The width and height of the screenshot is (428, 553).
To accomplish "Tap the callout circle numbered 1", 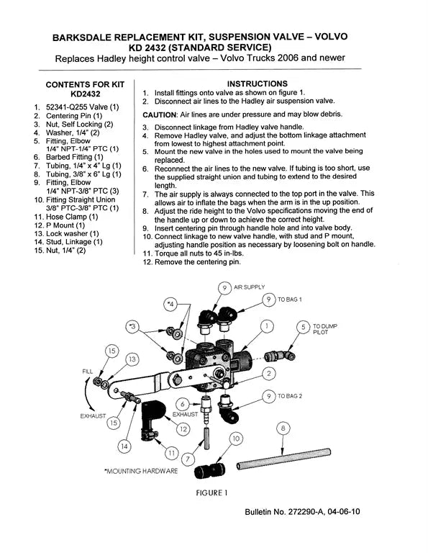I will (x=267, y=326).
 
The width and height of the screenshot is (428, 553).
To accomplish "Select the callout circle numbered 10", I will (x=235, y=437).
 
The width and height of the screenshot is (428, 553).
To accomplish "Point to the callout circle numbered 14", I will (x=125, y=446).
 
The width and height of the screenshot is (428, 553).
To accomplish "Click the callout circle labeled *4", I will (x=170, y=304).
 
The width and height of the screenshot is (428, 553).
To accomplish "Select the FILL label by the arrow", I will (x=88, y=371).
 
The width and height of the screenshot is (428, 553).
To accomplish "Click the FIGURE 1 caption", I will (x=213, y=493).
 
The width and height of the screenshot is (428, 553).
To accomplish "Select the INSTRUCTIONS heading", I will (x=257, y=84).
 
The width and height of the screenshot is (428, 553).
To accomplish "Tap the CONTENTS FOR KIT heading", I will (x=85, y=89).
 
